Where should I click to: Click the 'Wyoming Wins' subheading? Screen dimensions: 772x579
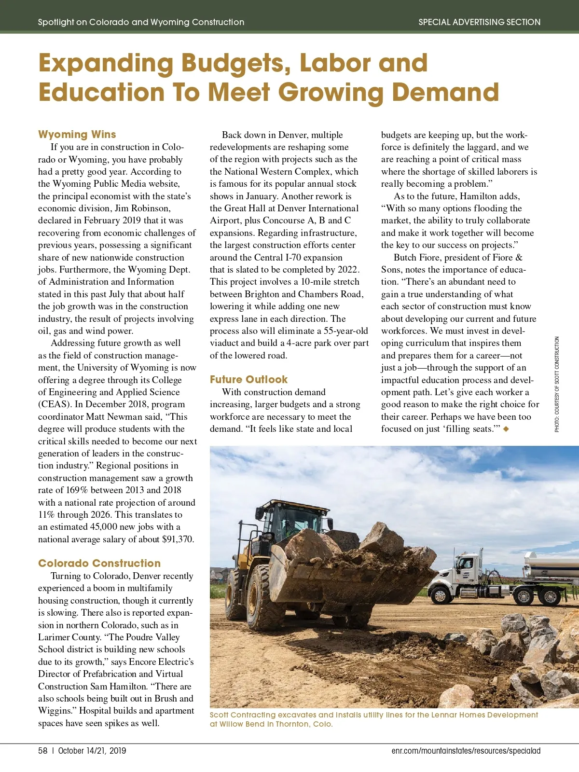[x=77, y=134]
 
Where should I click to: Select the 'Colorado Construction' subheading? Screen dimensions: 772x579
[x=99, y=563]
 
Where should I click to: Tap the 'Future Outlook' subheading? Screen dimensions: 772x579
[x=248, y=379]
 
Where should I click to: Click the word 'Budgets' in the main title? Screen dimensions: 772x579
[x=236, y=63]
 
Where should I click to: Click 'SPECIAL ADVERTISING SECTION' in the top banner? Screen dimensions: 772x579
[x=479, y=22]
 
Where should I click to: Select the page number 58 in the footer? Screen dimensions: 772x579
[x=43, y=751]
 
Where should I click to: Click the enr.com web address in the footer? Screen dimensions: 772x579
[x=466, y=751]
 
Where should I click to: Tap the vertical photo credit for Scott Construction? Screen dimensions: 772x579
[x=557, y=384]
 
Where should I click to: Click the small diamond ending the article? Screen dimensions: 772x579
[x=506, y=429]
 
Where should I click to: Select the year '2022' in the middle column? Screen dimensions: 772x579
[x=348, y=270]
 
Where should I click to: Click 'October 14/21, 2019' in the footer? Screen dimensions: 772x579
[x=92, y=751]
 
